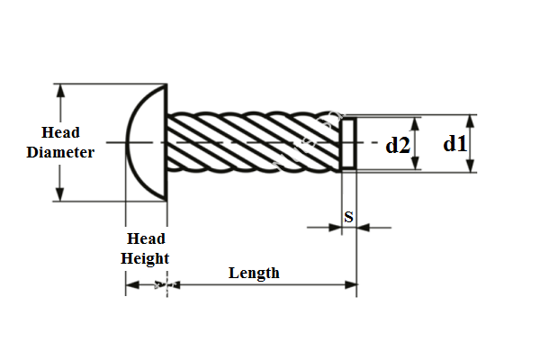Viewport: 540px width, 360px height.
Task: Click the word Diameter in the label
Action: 60,152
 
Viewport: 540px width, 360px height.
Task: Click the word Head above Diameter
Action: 60,133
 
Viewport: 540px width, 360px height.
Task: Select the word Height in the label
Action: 146,258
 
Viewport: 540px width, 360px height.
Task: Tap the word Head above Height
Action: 146,238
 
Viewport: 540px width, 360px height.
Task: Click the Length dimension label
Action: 254,273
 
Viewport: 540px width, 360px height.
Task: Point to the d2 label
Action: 398,144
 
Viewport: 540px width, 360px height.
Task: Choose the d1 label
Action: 455,142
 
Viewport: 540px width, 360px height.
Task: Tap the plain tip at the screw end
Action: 349,142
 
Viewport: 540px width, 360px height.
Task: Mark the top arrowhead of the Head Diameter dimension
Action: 60,89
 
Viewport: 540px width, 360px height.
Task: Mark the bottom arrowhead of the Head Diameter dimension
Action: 60,195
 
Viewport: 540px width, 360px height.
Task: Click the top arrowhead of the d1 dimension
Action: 471,120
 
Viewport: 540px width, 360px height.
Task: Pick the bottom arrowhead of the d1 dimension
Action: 471,166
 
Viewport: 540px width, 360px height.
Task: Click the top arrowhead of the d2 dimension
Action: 416,122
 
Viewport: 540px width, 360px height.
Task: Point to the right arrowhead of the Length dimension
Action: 352,285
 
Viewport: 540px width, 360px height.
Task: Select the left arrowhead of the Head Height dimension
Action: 130,285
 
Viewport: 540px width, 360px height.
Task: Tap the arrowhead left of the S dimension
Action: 336,228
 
